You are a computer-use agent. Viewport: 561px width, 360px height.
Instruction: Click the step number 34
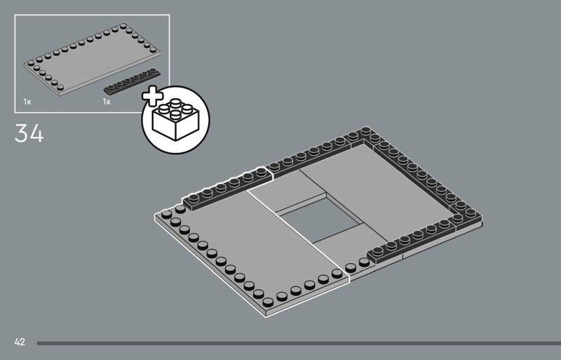click(29, 133)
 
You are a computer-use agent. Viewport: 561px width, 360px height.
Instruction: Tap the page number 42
click(19, 342)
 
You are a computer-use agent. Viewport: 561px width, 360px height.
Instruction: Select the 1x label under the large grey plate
click(27, 102)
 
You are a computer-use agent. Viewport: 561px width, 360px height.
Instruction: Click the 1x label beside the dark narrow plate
click(107, 102)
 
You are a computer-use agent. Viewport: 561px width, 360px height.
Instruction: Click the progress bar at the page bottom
click(295, 343)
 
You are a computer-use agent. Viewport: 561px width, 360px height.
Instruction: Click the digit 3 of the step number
click(21, 133)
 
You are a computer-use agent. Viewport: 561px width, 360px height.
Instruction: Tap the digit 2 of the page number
click(22, 342)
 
